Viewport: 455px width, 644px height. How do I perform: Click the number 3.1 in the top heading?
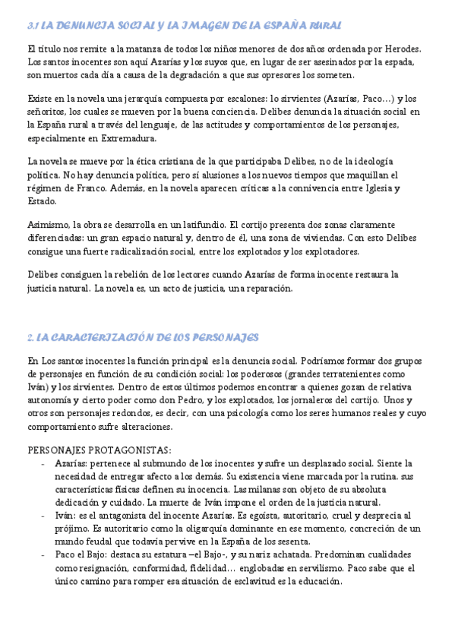tap(33, 26)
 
